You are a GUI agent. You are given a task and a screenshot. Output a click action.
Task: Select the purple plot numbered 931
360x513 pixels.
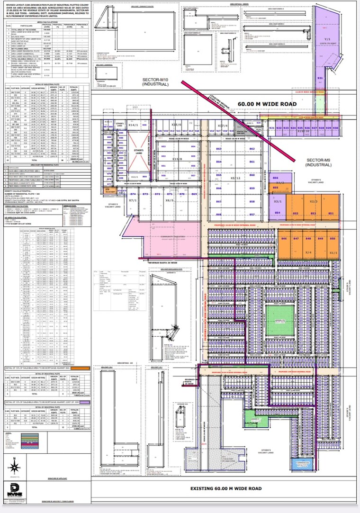[320, 79]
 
